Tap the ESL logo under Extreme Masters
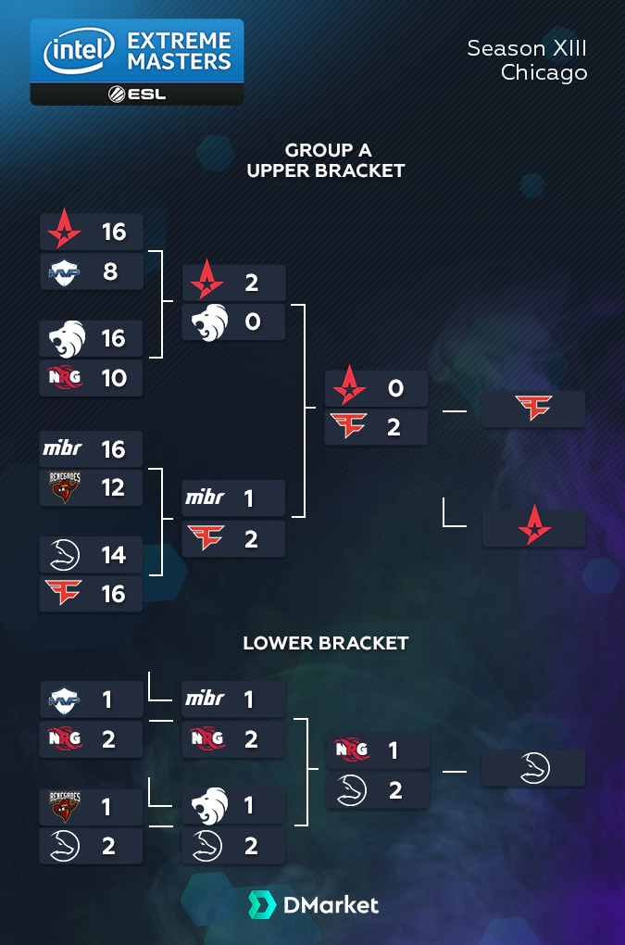[137, 94]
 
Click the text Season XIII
[527, 48]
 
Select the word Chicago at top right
[544, 72]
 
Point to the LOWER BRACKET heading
[325, 643]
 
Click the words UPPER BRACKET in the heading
[325, 170]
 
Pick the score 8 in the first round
[112, 272]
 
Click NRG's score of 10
[113, 378]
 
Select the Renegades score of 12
[113, 487]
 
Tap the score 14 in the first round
[113, 555]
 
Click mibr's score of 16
[113, 449]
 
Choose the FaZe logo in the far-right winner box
[533, 409]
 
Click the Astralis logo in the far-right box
[533, 528]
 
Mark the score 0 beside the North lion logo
[252, 321]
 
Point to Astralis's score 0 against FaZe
[395, 388]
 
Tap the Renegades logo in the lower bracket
[63, 806]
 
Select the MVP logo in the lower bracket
[63, 699]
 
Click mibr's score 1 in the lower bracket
[249, 699]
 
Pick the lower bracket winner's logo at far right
[533, 769]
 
